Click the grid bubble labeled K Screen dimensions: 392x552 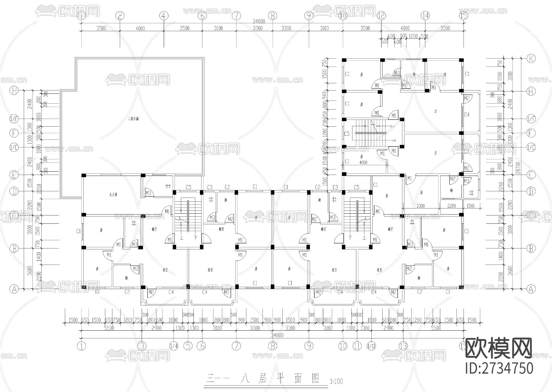pyautogui.click(x=531, y=59)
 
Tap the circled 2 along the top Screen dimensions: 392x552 pyautogui.click(x=120, y=16)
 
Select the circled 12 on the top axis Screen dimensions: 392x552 pyautogui.click(x=381, y=16)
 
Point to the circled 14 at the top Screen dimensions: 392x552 pyautogui.click(x=425, y=16)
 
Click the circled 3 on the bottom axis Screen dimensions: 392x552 pyautogui.click(x=142, y=346)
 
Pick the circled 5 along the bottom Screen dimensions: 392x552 pyautogui.click(x=188, y=346)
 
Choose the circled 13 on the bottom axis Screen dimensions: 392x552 pyautogui.click(x=403, y=346)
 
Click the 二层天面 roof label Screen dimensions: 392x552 pyautogui.click(x=133, y=119)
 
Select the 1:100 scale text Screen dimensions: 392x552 pyautogui.click(x=336, y=382)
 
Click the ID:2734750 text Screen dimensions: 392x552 pyautogui.click(x=499, y=368)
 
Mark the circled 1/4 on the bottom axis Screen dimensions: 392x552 pyautogui.click(x=174, y=346)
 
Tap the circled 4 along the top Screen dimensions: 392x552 pyautogui.click(x=164, y=16)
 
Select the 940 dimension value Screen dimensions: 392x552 pyautogui.click(x=325, y=96)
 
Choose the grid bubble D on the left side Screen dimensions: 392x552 pyautogui.click(x=14, y=192)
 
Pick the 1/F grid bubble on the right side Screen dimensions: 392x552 pyautogui.click(x=531, y=119)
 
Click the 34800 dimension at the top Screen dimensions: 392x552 pyautogui.click(x=259, y=21)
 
